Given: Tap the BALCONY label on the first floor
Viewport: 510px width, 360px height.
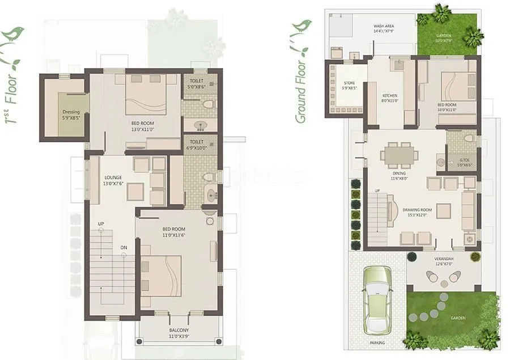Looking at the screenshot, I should tap(179, 330).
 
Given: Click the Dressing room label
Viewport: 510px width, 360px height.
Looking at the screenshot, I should tap(71, 112).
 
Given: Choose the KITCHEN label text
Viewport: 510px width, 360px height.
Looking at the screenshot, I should tap(389, 95).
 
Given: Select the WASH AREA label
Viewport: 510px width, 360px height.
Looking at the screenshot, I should tap(384, 26).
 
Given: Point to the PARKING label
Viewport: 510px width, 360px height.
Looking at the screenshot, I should tap(377, 342).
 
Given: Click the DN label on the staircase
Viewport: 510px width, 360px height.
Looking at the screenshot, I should tap(124, 247).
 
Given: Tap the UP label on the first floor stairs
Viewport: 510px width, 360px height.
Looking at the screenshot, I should tap(101, 224).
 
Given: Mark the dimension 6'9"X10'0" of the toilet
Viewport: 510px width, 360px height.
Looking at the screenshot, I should tap(197, 148).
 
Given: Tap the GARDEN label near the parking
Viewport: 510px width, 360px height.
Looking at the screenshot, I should tap(458, 318).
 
